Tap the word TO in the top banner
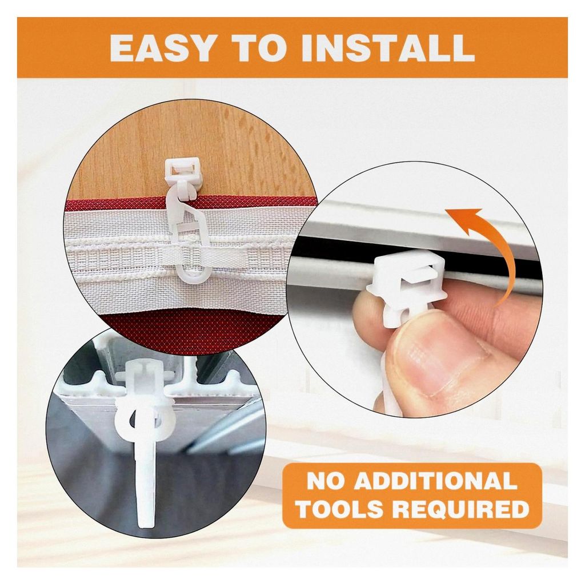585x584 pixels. [x=258, y=48]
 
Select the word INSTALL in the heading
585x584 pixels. [x=388, y=48]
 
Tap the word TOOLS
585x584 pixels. [x=340, y=508]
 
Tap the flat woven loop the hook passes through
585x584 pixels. [x=209, y=255]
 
